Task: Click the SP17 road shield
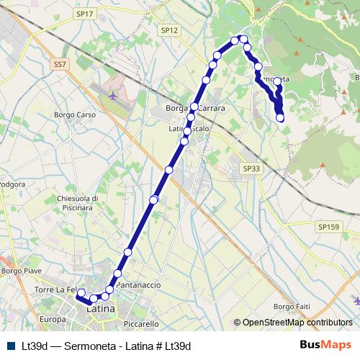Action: coord(84,14)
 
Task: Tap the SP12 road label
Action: coord(170,30)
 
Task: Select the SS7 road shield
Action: coord(60,64)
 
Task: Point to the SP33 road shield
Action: coord(251,168)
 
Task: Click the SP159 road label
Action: coord(328,227)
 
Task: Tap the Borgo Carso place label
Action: coord(75,115)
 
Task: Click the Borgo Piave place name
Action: coord(19,271)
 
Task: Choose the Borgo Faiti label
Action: coord(292,307)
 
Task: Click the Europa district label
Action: coord(53,319)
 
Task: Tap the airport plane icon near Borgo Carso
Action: coord(112,94)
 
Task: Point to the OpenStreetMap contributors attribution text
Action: coord(297,323)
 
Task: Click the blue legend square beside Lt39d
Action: coord(10,346)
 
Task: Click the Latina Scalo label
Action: coord(189,129)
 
